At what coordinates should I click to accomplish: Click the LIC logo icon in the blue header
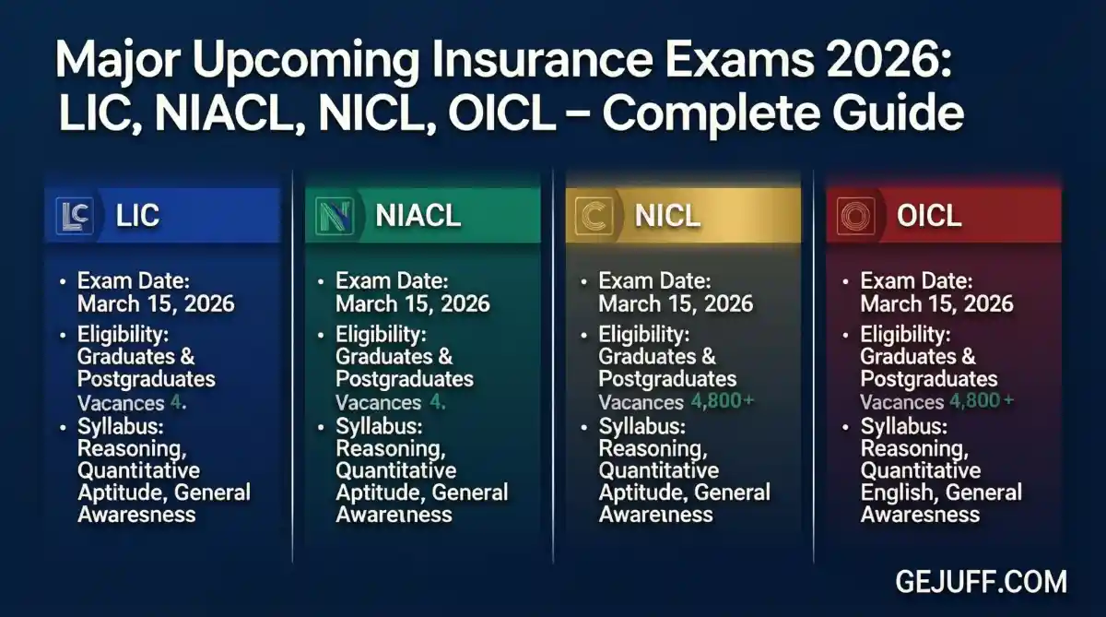(73, 216)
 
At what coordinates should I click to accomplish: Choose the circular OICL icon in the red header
(854, 216)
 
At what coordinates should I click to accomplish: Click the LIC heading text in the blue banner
(138, 216)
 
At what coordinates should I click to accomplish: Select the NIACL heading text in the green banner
(418, 216)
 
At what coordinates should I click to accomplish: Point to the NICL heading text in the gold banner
(667, 216)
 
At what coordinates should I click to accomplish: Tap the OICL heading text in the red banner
(929, 216)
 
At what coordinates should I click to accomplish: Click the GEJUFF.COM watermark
(981, 582)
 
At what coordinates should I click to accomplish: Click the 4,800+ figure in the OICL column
(982, 401)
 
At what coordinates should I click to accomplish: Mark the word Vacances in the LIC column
(121, 403)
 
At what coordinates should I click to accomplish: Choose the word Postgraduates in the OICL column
(929, 379)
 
